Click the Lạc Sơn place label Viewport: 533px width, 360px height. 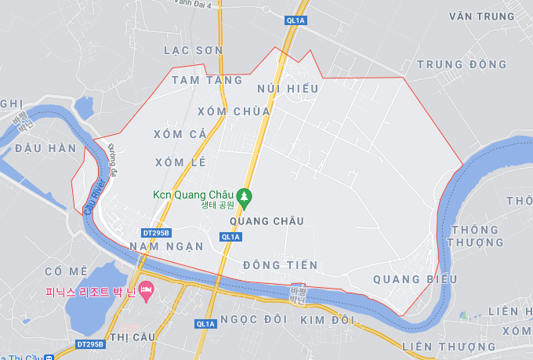(193, 50)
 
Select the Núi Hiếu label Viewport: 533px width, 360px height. (287, 89)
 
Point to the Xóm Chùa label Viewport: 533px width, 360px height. (234, 111)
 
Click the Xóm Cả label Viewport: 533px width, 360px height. (180, 134)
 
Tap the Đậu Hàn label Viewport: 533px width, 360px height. (45, 148)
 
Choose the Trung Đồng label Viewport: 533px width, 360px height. (462, 64)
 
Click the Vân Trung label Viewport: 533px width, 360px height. (482, 16)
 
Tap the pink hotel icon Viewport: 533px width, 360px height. (146, 291)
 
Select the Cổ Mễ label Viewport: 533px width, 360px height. (66, 271)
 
